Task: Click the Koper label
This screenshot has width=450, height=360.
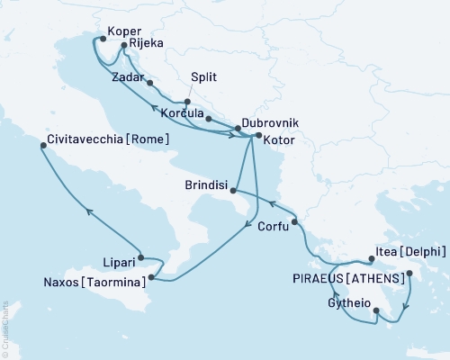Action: pyautogui.click(x=125, y=30)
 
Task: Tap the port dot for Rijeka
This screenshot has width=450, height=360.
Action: pyautogui.click(x=122, y=43)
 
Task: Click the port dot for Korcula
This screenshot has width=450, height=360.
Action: pyautogui.click(x=208, y=119)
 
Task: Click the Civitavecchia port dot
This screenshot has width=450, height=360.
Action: pyautogui.click(x=42, y=144)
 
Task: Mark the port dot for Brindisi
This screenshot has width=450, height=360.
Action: pyautogui.click(x=234, y=190)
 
